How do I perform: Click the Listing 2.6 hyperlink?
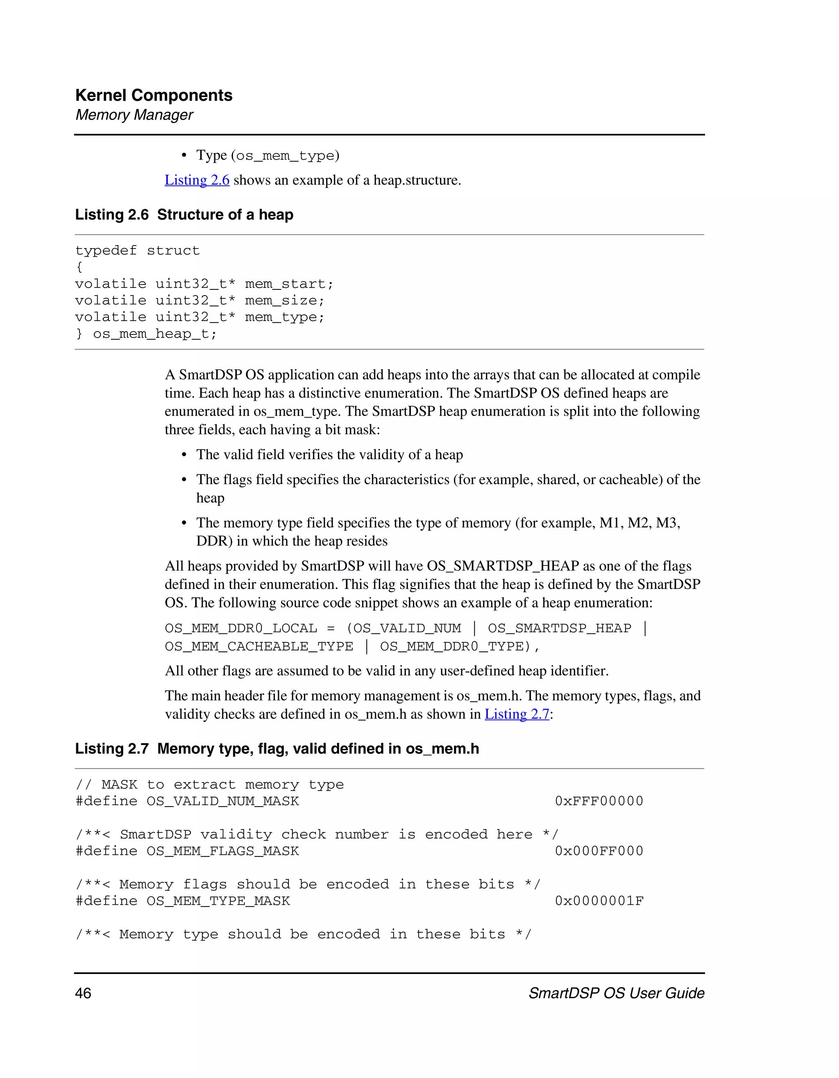[197, 180]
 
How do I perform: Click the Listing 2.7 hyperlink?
[517, 714]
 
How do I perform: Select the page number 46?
[83, 993]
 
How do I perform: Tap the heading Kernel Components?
[154, 95]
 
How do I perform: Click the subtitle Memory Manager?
[134, 115]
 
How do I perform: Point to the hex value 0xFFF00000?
[599, 801]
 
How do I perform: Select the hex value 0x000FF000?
[599, 851]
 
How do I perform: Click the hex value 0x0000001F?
[599, 901]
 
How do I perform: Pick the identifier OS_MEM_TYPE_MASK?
[218, 901]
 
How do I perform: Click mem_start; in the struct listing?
[289, 284]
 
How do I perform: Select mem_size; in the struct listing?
[284, 301]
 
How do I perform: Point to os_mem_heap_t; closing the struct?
[154, 334]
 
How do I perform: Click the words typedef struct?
[137, 251]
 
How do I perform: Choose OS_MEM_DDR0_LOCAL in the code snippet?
[240, 628]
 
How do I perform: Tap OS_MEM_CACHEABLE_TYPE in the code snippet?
[259, 646]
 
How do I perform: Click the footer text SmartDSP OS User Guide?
[616, 993]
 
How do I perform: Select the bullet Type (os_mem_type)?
[268, 156]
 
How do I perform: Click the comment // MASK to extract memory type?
[209, 785]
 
